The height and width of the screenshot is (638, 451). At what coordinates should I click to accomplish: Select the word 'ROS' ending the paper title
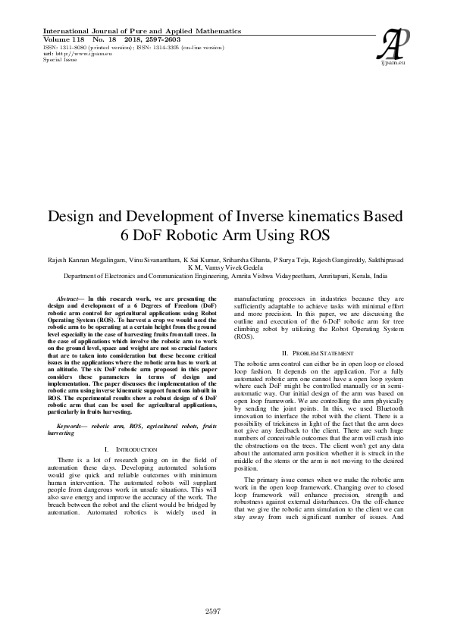pyautogui.click(x=313, y=235)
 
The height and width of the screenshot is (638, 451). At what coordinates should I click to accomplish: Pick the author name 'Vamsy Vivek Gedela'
pyautogui.click(x=233, y=267)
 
